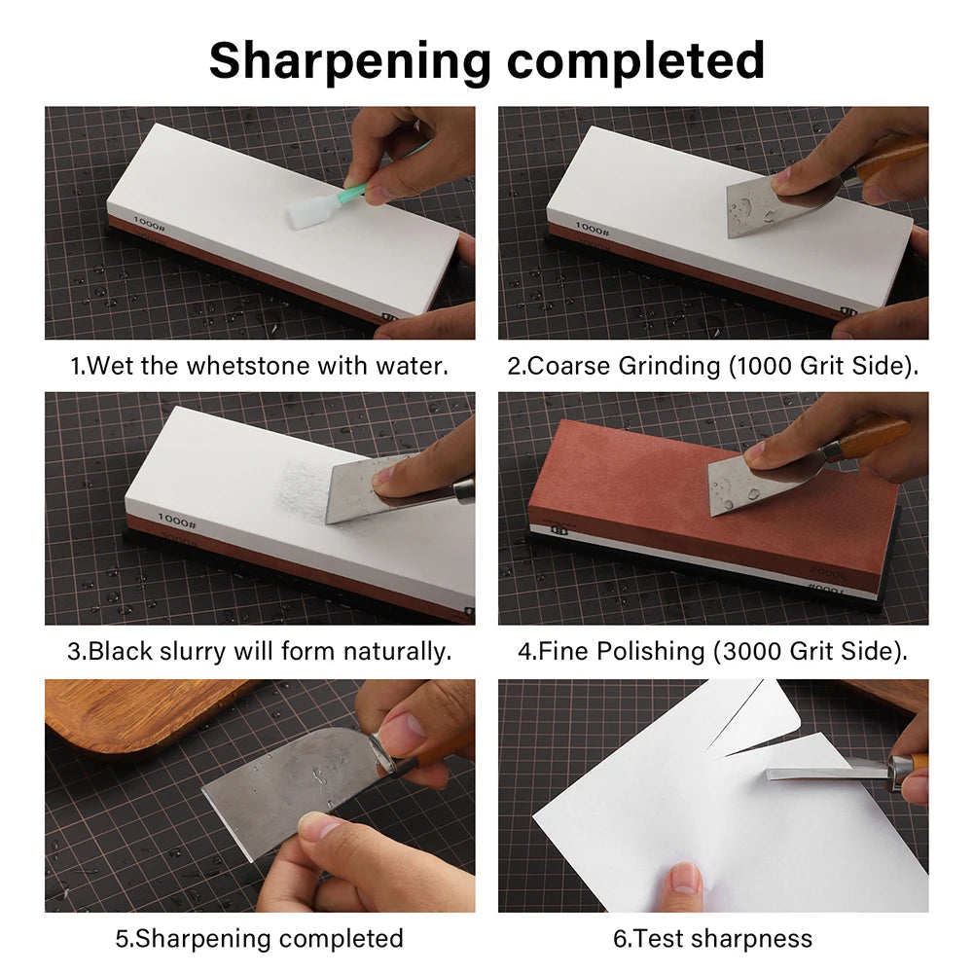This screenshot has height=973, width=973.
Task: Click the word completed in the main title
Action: pos(633,60)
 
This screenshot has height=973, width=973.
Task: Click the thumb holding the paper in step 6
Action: pos(685,881)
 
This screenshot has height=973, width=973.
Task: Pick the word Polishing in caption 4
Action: pos(650,651)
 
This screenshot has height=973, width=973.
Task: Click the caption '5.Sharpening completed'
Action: pos(259,938)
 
